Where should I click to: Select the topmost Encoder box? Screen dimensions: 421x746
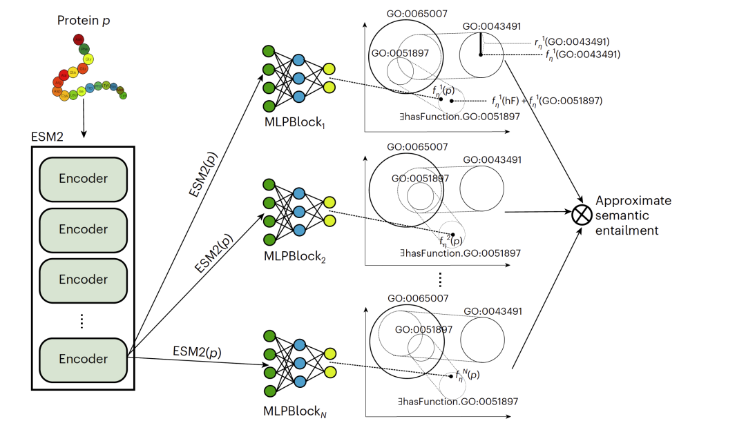tap(83, 178)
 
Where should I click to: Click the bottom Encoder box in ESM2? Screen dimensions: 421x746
tap(83, 359)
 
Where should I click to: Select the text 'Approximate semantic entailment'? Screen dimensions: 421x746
tap(632, 215)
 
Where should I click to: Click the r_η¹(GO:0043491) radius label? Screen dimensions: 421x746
tap(571, 41)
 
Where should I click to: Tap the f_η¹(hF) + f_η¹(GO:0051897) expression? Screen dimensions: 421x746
tap(542, 101)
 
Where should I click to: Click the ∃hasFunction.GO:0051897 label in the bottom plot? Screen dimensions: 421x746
tap(463, 401)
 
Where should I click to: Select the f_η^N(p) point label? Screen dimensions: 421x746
tap(468, 375)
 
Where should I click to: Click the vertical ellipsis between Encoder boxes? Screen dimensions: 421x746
tap(83, 320)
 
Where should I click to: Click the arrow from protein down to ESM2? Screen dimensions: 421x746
tap(84, 115)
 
